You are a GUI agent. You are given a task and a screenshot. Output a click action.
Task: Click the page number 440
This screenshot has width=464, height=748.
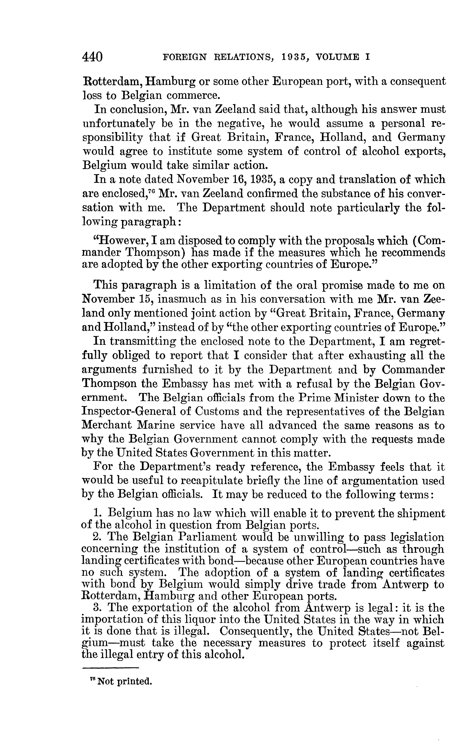(x=92, y=57)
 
